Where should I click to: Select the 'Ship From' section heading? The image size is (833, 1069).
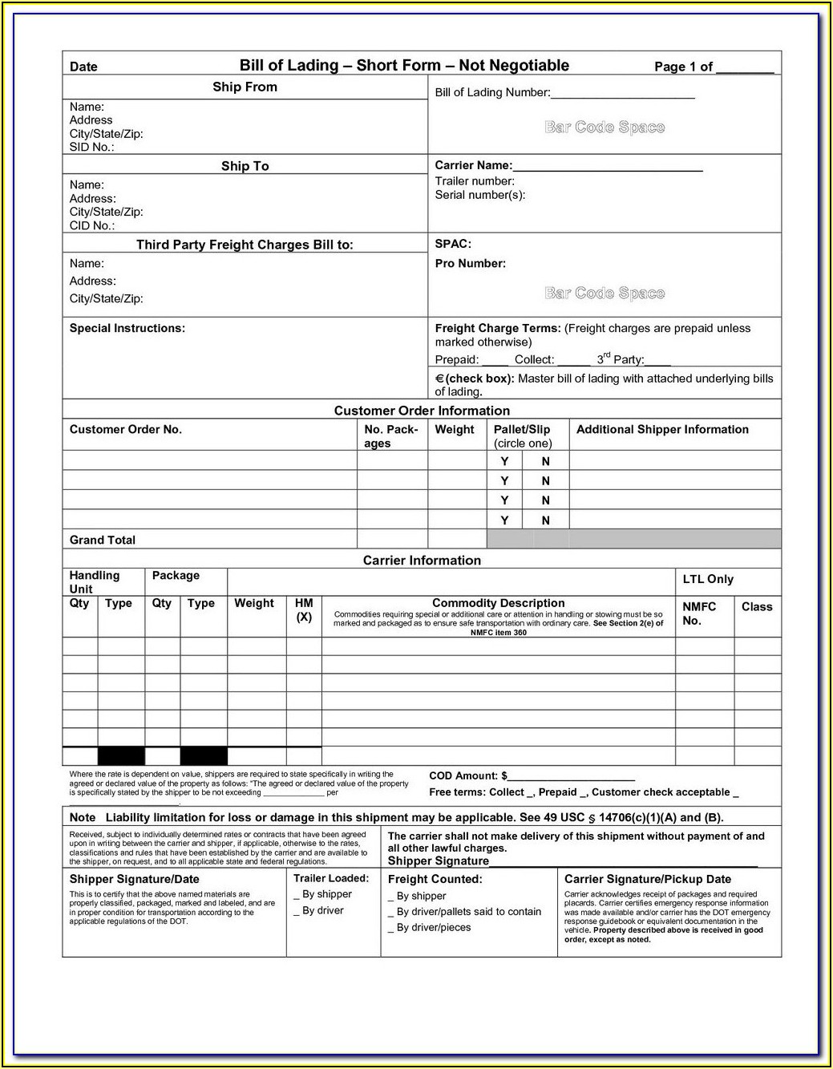[x=245, y=87]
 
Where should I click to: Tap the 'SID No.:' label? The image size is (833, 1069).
[x=91, y=148]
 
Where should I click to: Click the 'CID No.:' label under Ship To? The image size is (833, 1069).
[x=91, y=225]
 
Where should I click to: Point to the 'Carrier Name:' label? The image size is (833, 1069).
[x=473, y=165]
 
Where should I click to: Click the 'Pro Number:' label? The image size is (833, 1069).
[x=470, y=263]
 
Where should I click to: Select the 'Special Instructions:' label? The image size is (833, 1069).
[x=127, y=328]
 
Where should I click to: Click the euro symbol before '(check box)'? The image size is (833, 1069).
[x=439, y=379]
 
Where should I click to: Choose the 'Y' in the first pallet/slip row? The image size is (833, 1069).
[x=504, y=461]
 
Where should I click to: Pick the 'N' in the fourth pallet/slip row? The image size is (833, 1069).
[x=545, y=520]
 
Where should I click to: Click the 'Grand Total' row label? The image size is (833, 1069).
[x=103, y=540]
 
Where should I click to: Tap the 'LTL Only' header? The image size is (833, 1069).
[x=708, y=579]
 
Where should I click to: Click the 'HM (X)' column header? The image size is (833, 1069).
[x=304, y=609]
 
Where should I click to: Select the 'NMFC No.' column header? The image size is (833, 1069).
[x=698, y=613]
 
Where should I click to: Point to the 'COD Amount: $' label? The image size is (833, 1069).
[x=468, y=775]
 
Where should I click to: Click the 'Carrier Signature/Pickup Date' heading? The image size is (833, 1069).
[x=647, y=879]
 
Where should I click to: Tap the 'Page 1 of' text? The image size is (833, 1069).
[x=683, y=67]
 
